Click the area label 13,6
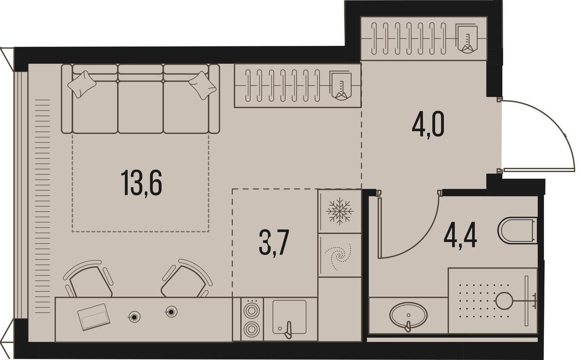(141, 183)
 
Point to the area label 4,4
(460, 236)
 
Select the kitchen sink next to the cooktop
(289, 317)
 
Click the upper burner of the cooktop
(251, 311)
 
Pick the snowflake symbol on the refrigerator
(340, 211)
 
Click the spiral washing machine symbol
(338, 256)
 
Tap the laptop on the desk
(94, 317)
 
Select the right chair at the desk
(186, 278)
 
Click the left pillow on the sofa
(82, 84)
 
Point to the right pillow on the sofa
(203, 85)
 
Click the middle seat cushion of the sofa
(141, 107)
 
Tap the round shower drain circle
(504, 300)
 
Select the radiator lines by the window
(42, 206)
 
